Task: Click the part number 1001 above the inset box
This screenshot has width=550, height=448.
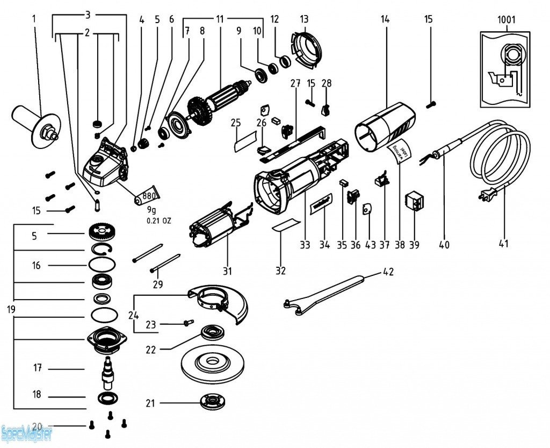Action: pos(506,20)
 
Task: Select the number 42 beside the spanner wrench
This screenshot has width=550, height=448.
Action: pos(388,272)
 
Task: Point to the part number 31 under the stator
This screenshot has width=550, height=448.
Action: pos(227,270)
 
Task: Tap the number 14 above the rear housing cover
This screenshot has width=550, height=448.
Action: pos(385,19)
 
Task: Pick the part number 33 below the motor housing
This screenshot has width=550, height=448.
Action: pos(305,245)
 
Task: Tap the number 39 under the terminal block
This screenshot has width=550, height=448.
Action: pos(414,245)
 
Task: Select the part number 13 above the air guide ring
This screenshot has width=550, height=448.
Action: pos(305,19)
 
